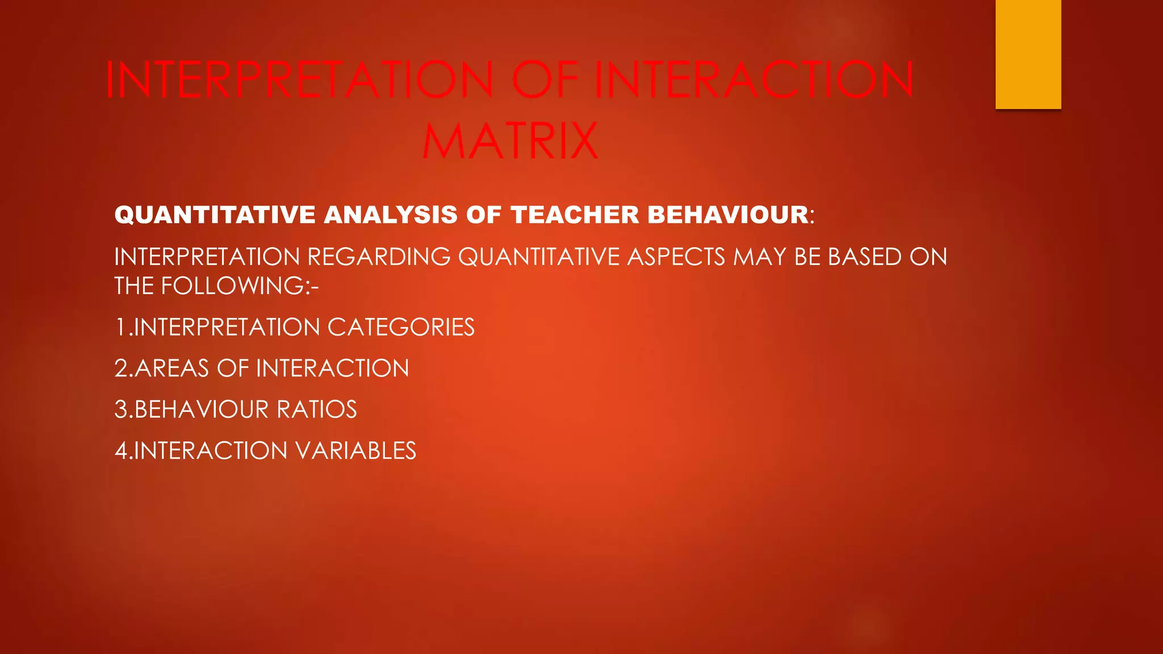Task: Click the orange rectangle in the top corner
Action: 1028,54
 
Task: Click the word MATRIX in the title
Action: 511,141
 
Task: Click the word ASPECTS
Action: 676,257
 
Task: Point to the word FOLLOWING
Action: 233,286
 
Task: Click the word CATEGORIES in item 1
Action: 401,328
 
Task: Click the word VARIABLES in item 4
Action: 355,451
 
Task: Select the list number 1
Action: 120,328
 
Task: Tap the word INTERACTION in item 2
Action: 333,368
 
